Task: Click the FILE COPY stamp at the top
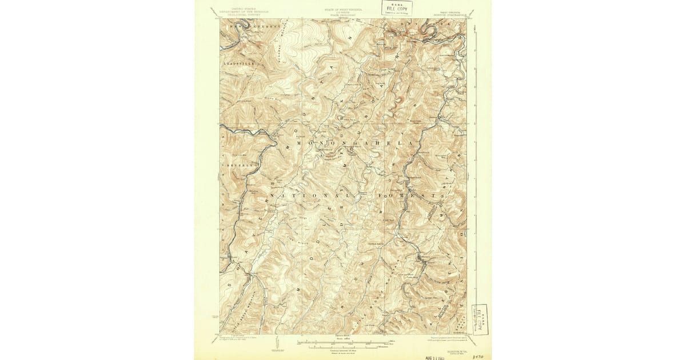[x=397, y=7]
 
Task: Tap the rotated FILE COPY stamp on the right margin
[x=478, y=318]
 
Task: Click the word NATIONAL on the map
[x=303, y=195]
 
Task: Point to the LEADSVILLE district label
[x=237, y=63]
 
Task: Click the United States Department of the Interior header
[x=238, y=11]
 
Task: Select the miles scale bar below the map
[x=343, y=342]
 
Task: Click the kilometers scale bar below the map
[x=343, y=346]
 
